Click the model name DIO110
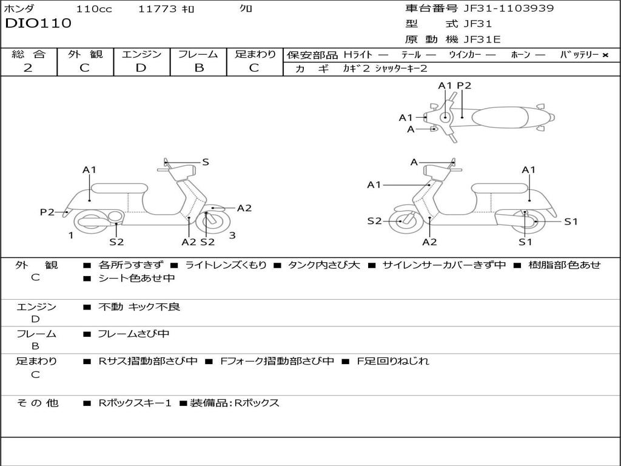click(x=38, y=24)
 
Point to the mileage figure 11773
click(x=157, y=9)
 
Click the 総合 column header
click(x=29, y=54)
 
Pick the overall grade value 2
click(x=28, y=68)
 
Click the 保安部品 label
click(x=312, y=55)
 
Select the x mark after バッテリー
click(x=605, y=55)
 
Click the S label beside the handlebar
click(x=206, y=162)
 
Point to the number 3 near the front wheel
click(x=232, y=235)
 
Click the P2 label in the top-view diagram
click(x=464, y=86)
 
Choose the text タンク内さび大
click(x=324, y=265)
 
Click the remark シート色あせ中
click(x=136, y=279)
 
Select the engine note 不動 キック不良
click(x=139, y=307)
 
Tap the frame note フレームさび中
click(x=133, y=334)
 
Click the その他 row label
click(x=38, y=403)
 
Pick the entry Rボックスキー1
click(x=135, y=403)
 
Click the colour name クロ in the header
click(x=246, y=9)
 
